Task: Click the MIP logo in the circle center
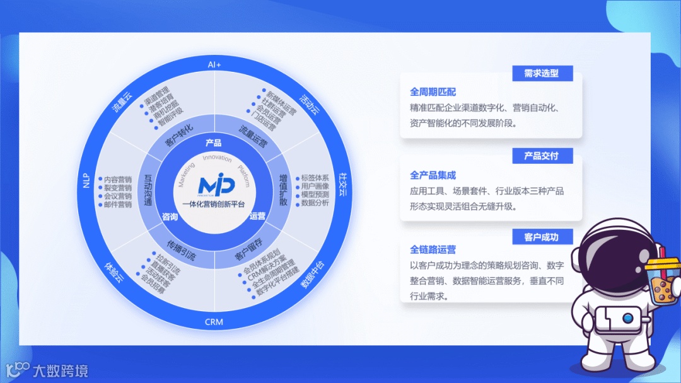[216, 185]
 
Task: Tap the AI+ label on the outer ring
[214, 65]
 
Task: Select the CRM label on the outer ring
[214, 322]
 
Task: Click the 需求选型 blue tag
[541, 73]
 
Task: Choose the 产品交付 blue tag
[541, 156]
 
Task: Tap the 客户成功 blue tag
[541, 237]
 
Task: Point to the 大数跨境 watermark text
[61, 371]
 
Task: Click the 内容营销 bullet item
[117, 179]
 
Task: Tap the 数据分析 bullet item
[315, 203]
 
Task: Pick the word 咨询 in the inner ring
[170, 217]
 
